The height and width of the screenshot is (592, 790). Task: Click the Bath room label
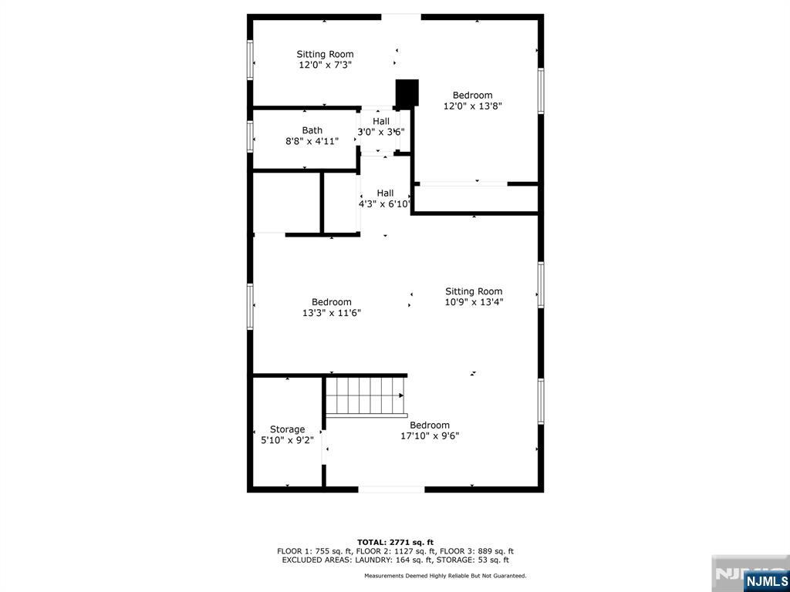(312, 130)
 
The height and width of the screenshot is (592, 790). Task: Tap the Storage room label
(287, 429)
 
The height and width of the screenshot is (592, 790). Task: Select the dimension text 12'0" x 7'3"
(325, 65)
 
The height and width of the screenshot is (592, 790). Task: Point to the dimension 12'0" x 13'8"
(473, 106)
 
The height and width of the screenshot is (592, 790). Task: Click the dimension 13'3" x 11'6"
(332, 313)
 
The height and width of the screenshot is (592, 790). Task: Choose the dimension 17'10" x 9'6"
(430, 436)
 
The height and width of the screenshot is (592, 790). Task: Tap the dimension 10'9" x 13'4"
(474, 302)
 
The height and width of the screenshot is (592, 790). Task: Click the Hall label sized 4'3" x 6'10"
(386, 193)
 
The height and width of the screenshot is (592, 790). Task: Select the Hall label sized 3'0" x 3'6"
(381, 121)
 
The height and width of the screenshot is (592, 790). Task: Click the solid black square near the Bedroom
(407, 92)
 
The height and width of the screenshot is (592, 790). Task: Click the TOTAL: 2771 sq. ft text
(395, 542)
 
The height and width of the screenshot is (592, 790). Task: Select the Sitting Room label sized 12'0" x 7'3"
(325, 55)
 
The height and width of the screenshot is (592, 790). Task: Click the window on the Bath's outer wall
(250, 136)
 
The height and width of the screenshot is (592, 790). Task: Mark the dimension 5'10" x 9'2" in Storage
(287, 440)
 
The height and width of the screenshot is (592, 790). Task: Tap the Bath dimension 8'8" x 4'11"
(312, 142)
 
